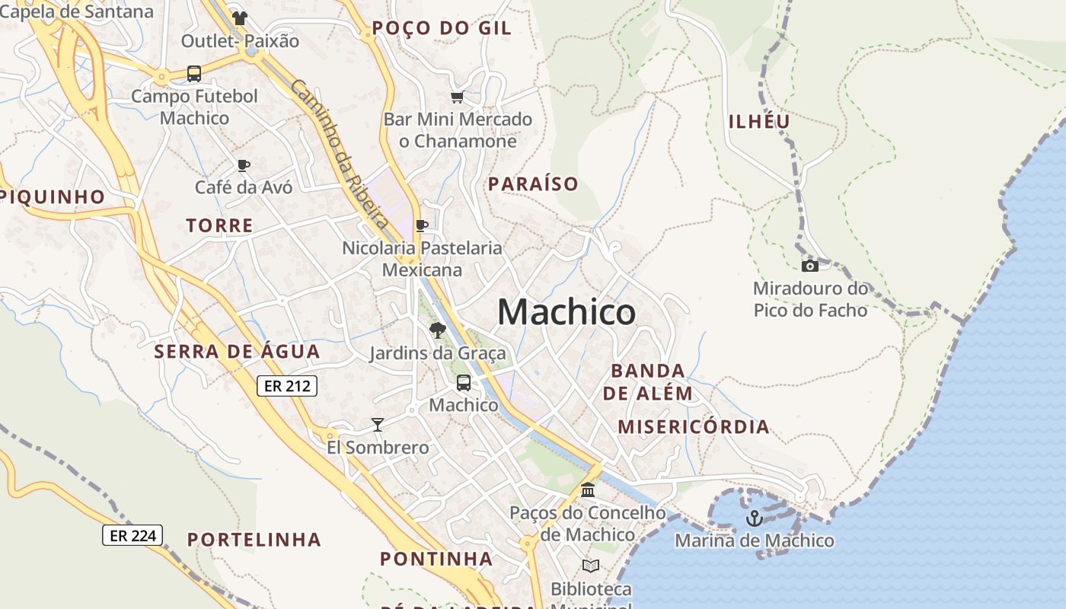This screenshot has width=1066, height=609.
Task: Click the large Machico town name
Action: pyautogui.click(x=567, y=312)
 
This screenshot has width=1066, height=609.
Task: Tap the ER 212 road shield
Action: pyautogui.click(x=286, y=386)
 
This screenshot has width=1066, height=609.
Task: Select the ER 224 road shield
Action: pyautogui.click(x=132, y=535)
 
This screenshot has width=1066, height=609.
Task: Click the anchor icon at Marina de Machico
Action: pyautogui.click(x=754, y=518)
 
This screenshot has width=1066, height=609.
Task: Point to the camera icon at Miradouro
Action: pyautogui.click(x=810, y=266)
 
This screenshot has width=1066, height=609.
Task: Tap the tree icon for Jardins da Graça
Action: pyautogui.click(x=437, y=330)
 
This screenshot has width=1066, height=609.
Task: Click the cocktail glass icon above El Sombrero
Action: pyautogui.click(x=377, y=424)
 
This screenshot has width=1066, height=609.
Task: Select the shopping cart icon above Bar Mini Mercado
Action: pyautogui.click(x=457, y=97)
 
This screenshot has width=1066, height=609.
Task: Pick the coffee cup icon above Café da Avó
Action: pyautogui.click(x=244, y=164)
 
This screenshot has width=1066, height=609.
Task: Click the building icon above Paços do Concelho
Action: pyautogui.click(x=588, y=489)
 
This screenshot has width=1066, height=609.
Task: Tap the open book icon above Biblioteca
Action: pyautogui.click(x=591, y=566)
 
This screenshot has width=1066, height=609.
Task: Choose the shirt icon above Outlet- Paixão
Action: pyautogui.click(x=240, y=18)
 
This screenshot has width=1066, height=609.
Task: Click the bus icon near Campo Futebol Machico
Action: pyautogui.click(x=194, y=74)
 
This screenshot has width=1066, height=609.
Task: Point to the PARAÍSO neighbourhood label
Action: pyautogui.click(x=533, y=183)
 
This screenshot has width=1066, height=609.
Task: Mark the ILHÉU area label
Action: pyautogui.click(x=759, y=121)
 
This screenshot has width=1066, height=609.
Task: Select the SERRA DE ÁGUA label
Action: pyautogui.click(x=237, y=352)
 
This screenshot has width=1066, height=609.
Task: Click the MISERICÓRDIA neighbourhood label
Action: pyautogui.click(x=693, y=426)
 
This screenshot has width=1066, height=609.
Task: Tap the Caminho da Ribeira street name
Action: pyautogui.click(x=340, y=153)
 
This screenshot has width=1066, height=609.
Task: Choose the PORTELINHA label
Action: pyautogui.click(x=254, y=540)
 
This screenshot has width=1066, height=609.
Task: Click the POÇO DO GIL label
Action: pyautogui.click(x=441, y=29)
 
